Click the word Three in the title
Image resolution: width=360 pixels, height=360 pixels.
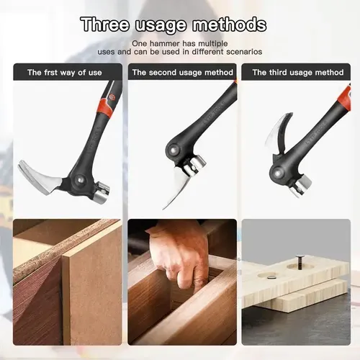click(x=105, y=24)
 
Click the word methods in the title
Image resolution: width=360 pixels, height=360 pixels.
click(x=229, y=24)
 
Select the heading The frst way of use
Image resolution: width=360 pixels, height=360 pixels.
click(x=65, y=72)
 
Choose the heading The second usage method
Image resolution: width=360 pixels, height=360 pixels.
click(x=182, y=72)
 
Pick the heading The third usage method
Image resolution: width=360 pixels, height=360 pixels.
click(x=298, y=72)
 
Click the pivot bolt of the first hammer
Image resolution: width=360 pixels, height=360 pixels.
click(x=79, y=179)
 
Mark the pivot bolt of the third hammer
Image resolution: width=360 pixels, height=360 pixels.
click(x=278, y=173)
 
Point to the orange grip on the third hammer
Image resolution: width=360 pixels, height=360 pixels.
click(x=345, y=98)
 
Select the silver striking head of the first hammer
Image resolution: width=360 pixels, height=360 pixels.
click(x=101, y=192)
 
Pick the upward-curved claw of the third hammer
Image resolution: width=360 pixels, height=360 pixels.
click(x=279, y=132)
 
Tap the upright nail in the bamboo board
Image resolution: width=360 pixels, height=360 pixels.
click(x=300, y=261)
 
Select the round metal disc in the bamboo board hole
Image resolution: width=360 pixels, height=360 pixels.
click(x=270, y=276)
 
